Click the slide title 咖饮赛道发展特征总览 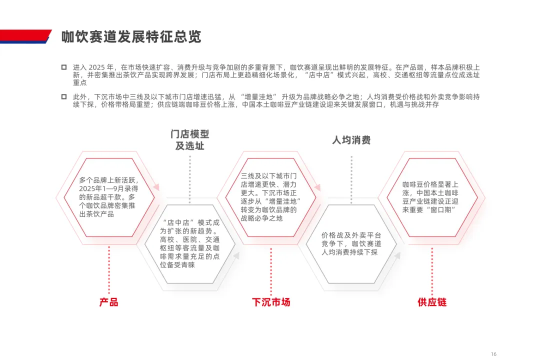[x=131, y=37]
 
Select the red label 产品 [x=108, y=302]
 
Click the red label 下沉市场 [x=271, y=302]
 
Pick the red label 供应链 [x=432, y=302]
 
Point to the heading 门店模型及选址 [x=189, y=140]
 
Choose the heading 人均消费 [x=351, y=140]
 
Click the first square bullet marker [x=64, y=67]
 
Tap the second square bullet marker [x=64, y=96]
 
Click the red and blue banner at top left [x=25, y=36]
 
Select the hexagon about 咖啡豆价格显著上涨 [x=432, y=197]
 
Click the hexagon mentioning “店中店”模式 [x=189, y=243]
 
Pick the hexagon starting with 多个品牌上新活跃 [x=108, y=197]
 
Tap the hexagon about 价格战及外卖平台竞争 [x=351, y=243]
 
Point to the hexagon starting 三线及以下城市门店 [x=270, y=197]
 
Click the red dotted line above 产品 [x=108, y=270]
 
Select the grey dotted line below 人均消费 [x=351, y=177]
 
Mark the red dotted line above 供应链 [x=432, y=270]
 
